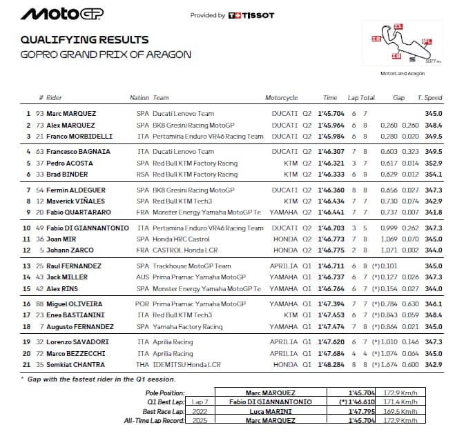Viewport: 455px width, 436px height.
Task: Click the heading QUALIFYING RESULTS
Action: point(84,39)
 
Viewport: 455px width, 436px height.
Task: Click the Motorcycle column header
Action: point(281,98)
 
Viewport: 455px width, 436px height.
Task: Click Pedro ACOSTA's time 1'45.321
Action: point(331,163)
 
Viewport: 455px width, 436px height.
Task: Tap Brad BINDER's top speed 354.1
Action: point(433,175)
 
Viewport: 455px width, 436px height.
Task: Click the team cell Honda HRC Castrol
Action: point(182,239)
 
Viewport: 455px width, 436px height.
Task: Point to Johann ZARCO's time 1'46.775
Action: point(331,250)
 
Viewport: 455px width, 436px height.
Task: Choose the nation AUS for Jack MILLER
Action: point(142,277)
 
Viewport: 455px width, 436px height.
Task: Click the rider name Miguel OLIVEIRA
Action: point(74,304)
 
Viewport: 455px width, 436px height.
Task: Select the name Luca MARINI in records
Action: point(269,410)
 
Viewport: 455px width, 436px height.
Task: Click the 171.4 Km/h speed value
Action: point(400,401)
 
